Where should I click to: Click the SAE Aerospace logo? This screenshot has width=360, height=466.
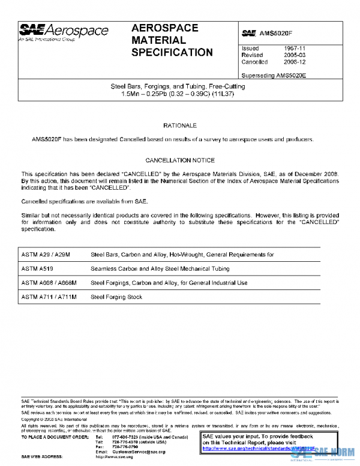coord(64,32)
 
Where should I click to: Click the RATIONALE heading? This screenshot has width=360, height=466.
coord(180,126)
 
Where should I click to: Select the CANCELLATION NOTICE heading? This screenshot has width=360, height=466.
coord(180,160)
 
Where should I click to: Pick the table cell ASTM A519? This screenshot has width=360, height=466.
coord(36,268)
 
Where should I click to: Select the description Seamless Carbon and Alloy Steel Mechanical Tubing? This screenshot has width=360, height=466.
coord(160,268)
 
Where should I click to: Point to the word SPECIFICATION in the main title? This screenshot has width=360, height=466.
coord(172,52)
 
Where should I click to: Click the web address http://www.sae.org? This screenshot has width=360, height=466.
coord(115,457)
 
